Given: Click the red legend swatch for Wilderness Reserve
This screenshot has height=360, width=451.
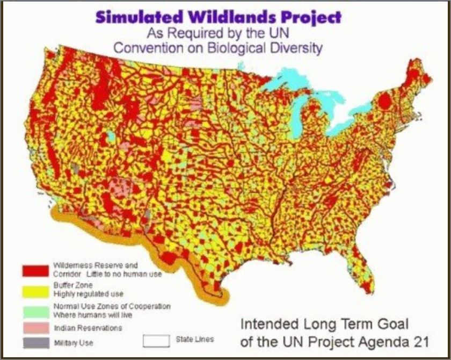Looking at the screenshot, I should pyautogui.click(x=34, y=270).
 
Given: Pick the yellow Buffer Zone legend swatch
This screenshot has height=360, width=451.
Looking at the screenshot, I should pyautogui.click(x=34, y=291).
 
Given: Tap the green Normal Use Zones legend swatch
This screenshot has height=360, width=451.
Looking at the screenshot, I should pyautogui.click(x=34, y=310).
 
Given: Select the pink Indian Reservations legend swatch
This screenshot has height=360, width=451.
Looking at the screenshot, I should pyautogui.click(x=34, y=327).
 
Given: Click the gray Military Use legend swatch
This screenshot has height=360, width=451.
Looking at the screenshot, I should pyautogui.click(x=34, y=342).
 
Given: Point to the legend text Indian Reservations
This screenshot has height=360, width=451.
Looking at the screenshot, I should pyautogui.click(x=88, y=327).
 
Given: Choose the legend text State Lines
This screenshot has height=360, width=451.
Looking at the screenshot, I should pyautogui.click(x=194, y=339).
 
